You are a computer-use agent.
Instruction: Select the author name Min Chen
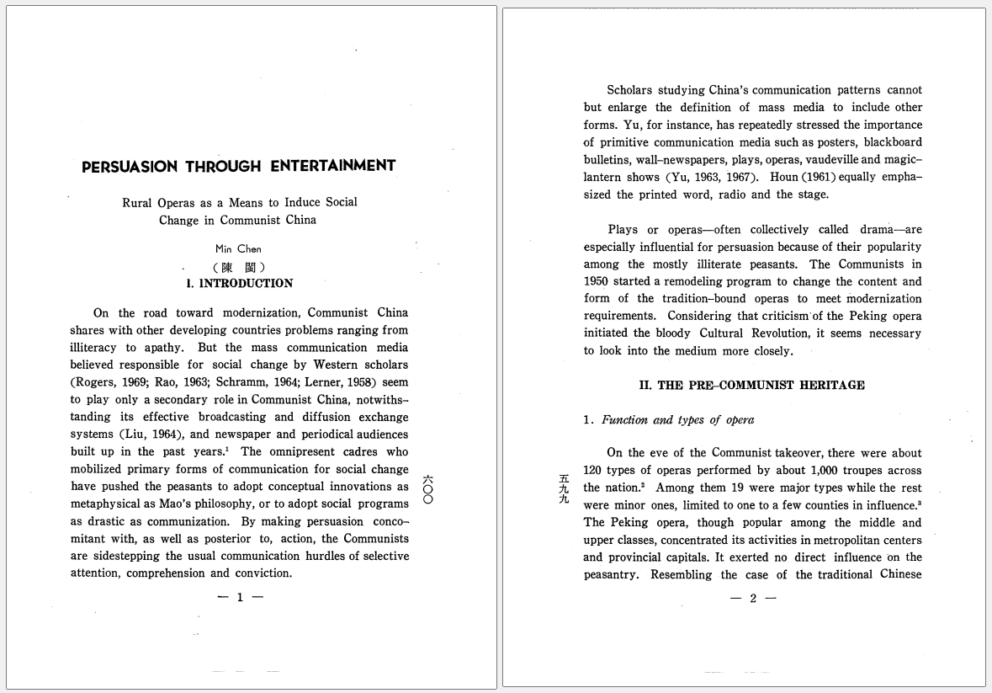point(238,249)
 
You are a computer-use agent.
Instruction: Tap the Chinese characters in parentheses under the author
point(239,267)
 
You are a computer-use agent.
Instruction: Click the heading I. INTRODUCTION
point(240,284)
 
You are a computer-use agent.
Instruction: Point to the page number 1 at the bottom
point(240,598)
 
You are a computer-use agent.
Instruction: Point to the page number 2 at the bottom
point(753,599)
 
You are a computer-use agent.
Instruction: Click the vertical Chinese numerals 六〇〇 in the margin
point(427,489)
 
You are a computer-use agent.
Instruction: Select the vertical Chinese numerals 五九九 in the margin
point(564,489)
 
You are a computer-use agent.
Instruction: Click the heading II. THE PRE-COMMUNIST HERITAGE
point(751,386)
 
